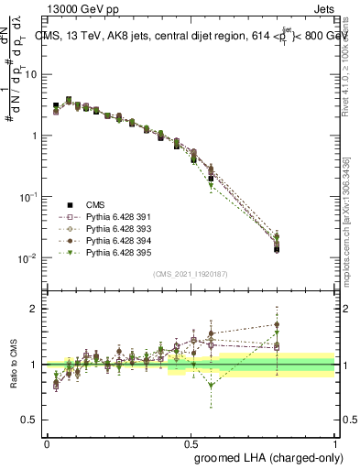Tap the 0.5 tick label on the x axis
191,442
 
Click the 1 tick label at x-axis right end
334,442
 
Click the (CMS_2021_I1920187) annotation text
191,274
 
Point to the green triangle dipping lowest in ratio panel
212,386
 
